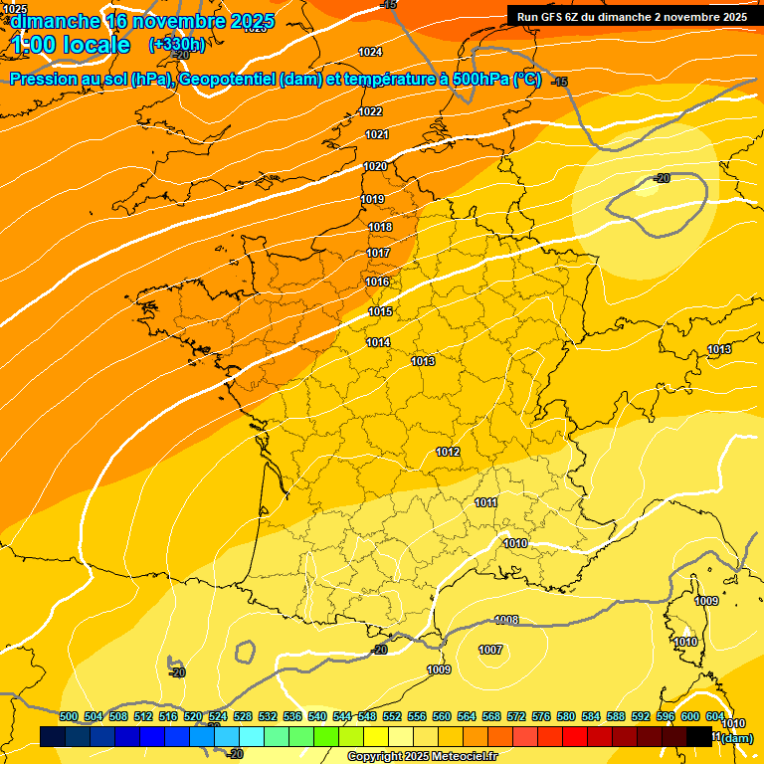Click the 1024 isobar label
click(370, 52)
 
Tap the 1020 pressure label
click(375, 166)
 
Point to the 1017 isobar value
click(378, 253)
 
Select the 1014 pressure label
click(377, 342)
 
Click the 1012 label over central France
click(448, 453)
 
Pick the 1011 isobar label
click(485, 502)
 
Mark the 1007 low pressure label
click(490, 650)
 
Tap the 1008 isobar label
click(506, 620)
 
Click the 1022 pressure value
click(371, 111)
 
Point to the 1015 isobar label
click(380, 311)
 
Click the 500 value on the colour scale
click(69, 716)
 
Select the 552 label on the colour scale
click(392, 716)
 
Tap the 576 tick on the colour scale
click(541, 716)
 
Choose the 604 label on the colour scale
click(715, 716)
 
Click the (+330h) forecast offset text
click(177, 44)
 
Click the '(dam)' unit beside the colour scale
click(736, 738)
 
